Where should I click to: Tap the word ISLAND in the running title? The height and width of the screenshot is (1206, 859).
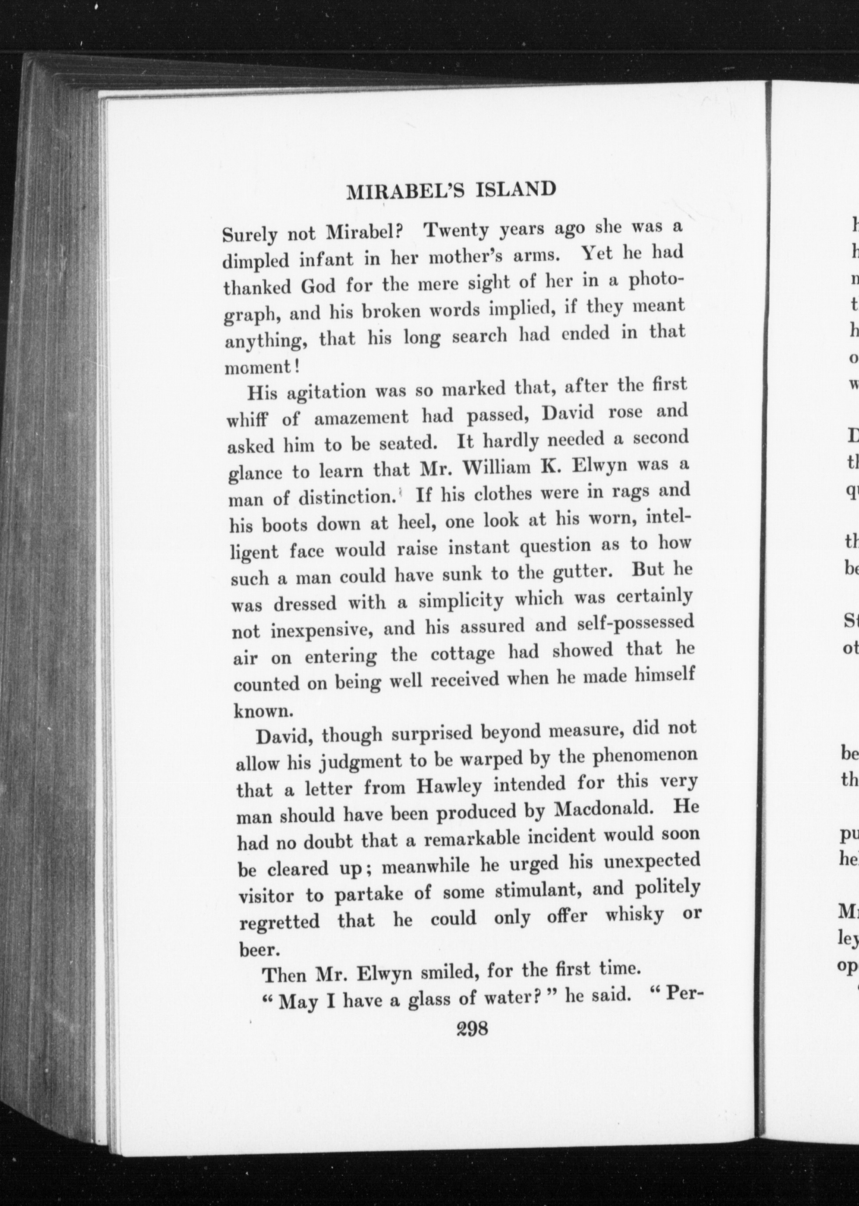coord(514,189)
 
